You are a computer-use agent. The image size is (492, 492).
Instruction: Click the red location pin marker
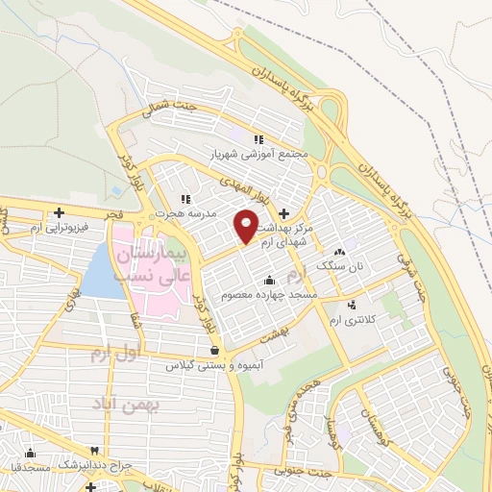point(247,225)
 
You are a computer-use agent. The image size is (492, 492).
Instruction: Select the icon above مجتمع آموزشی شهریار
point(259,138)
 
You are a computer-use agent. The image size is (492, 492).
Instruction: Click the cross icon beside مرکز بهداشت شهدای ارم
point(284,211)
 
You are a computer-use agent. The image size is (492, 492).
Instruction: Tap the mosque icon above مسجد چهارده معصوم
point(266,280)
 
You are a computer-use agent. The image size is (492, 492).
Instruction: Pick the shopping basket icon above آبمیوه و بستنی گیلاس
point(213,351)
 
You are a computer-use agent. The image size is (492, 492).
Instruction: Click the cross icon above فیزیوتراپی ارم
point(59,212)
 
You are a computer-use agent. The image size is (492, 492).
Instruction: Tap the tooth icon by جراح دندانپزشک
point(94,450)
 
